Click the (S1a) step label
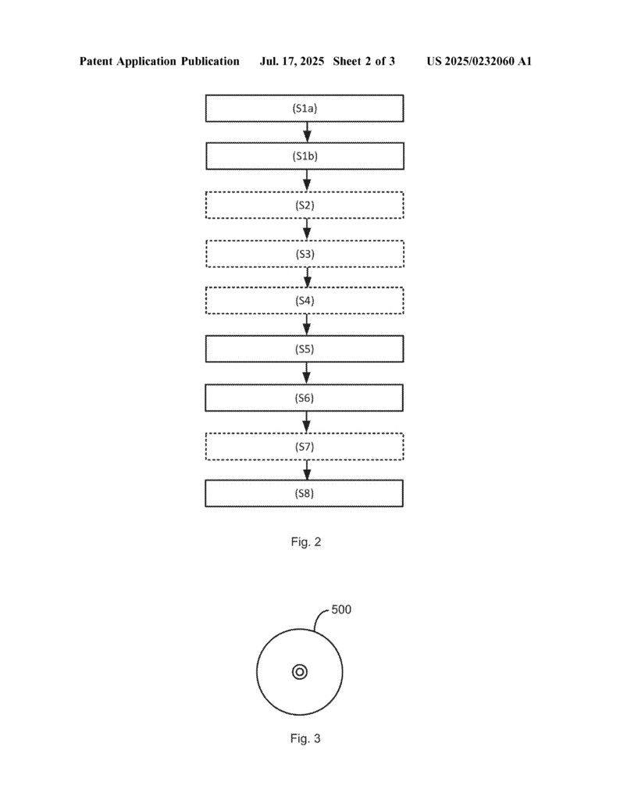click(x=305, y=108)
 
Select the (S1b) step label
click(x=305, y=156)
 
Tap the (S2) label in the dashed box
click(x=305, y=205)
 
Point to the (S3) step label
click(x=305, y=254)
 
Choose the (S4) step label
click(x=305, y=301)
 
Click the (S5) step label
click(x=305, y=349)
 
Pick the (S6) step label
click(x=305, y=398)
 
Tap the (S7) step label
click(x=305, y=446)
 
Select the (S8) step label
click(x=305, y=494)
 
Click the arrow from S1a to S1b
click(x=307, y=132)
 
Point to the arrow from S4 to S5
click(x=306, y=324)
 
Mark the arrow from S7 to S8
click(x=306, y=470)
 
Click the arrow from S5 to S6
click(x=306, y=373)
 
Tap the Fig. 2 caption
click(x=306, y=542)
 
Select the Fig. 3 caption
click(x=305, y=738)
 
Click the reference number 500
click(x=341, y=609)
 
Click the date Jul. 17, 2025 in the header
click(x=292, y=62)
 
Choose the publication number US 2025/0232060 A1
click(x=479, y=62)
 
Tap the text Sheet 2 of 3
click(x=364, y=62)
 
